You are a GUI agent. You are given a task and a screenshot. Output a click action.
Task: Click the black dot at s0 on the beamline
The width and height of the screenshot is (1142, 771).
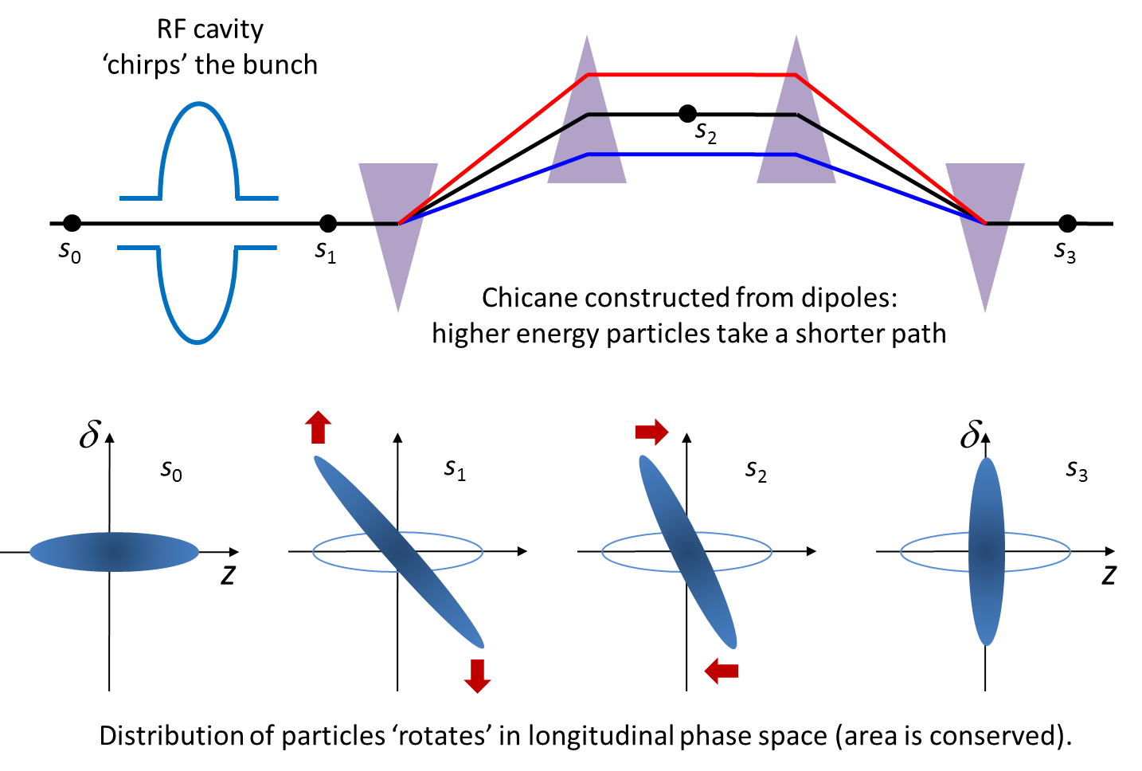coord(72,223)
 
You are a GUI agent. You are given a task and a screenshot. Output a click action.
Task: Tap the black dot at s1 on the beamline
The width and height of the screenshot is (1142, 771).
coord(327,223)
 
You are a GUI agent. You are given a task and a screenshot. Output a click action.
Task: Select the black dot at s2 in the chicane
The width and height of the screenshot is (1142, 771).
coord(688,114)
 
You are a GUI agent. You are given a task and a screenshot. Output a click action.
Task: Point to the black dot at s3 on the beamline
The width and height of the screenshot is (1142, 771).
coord(1067,223)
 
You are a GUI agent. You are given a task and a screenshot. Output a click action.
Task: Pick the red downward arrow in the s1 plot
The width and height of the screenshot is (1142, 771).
coord(477,675)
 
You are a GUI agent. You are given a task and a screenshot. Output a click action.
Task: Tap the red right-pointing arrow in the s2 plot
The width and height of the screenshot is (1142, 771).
coord(651,432)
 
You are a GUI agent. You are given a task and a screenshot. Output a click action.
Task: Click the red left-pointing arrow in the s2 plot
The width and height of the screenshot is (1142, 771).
coord(722,671)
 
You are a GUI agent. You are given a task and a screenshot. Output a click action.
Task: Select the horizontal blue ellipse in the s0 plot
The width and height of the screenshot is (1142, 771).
coord(114,552)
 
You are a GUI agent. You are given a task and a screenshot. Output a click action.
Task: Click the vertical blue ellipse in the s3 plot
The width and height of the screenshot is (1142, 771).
coord(987,551)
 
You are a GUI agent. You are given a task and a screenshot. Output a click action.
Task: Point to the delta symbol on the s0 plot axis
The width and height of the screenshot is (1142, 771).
coord(90,435)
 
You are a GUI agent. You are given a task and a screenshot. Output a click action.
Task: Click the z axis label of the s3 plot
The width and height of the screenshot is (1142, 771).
coord(1109,575)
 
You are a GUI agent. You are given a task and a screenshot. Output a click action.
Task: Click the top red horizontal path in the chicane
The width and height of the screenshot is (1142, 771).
coord(691,75)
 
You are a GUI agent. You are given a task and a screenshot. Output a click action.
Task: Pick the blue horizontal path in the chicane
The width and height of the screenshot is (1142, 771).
coord(691,155)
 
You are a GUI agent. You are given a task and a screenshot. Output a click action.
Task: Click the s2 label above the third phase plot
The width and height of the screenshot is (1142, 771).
coord(756,472)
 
